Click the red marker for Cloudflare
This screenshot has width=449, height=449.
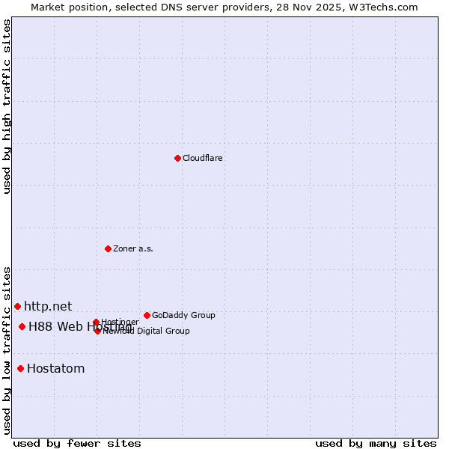click(177, 158)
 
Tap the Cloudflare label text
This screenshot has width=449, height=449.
click(203, 159)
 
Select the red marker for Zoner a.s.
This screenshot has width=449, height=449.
click(108, 248)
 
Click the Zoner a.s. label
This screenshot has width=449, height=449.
click(133, 249)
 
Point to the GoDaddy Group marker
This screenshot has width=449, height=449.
click(147, 315)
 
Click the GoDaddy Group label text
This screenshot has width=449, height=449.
click(183, 316)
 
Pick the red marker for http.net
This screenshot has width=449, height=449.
click(17, 306)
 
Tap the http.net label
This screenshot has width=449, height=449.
click(48, 306)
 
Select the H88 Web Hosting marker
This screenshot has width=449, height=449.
click(22, 326)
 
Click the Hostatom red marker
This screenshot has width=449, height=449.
click(20, 368)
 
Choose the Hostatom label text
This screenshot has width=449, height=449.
click(56, 368)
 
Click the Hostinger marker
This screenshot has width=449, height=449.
click(96, 322)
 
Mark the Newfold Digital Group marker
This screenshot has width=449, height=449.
click(97, 331)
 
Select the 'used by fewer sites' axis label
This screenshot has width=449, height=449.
click(77, 443)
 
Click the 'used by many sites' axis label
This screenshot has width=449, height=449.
click(376, 443)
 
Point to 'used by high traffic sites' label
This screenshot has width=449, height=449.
click(7, 106)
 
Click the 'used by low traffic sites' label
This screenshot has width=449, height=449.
click(7, 349)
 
